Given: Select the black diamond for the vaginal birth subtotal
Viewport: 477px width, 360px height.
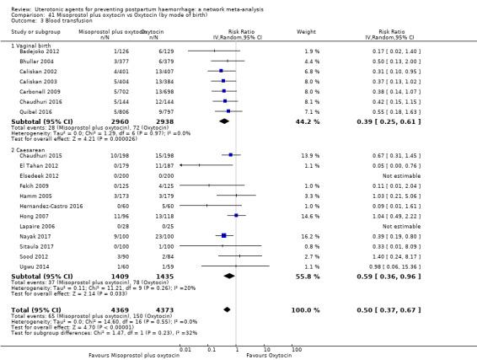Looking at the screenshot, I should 223,121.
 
